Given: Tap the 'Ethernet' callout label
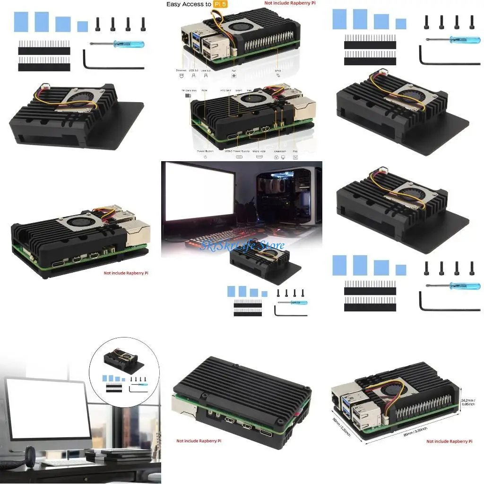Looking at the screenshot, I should point(181,70).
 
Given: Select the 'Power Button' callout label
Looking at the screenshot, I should point(206,151).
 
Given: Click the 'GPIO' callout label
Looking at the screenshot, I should point(277,70).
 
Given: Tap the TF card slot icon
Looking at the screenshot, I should point(188,95).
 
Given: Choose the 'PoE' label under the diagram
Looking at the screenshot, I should point(295,151).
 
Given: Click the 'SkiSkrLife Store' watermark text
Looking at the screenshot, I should point(242,245).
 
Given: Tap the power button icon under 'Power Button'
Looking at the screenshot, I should point(206,157).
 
